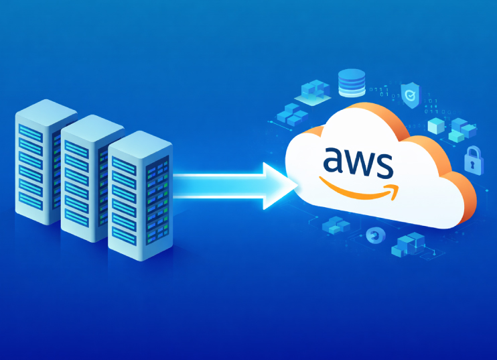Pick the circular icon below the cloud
[374, 235]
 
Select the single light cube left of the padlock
[435, 125]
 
